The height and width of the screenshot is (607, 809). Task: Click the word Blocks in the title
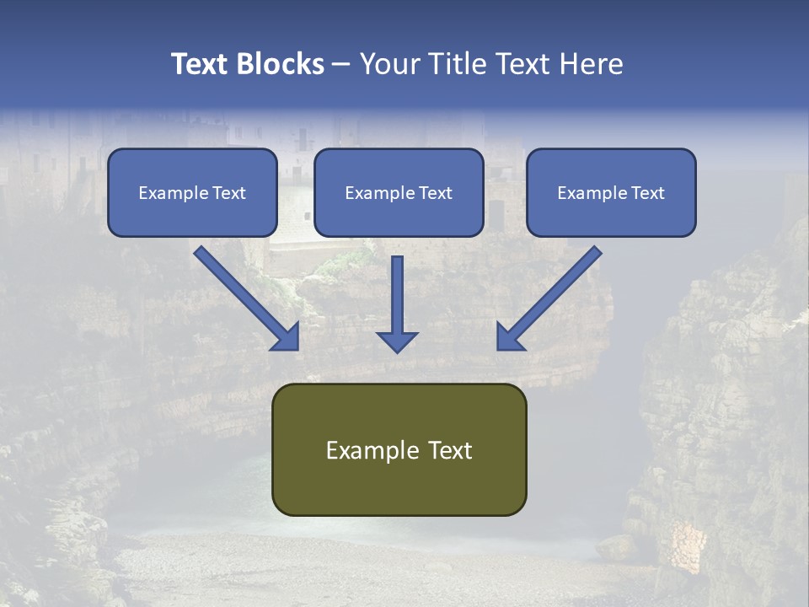click(x=280, y=64)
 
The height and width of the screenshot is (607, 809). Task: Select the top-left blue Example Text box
click(x=192, y=192)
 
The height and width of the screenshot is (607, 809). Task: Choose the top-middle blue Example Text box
click(x=399, y=192)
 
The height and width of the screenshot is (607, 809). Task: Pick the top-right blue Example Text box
click(x=611, y=192)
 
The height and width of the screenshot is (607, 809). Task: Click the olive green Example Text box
click(x=399, y=449)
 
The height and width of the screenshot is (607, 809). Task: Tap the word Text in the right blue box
click(x=646, y=193)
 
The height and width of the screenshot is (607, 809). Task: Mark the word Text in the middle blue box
click(x=434, y=193)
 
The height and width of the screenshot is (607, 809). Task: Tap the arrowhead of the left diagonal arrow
click(x=287, y=337)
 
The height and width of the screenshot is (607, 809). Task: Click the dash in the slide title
click(x=341, y=64)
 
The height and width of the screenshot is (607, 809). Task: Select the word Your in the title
click(x=388, y=64)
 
